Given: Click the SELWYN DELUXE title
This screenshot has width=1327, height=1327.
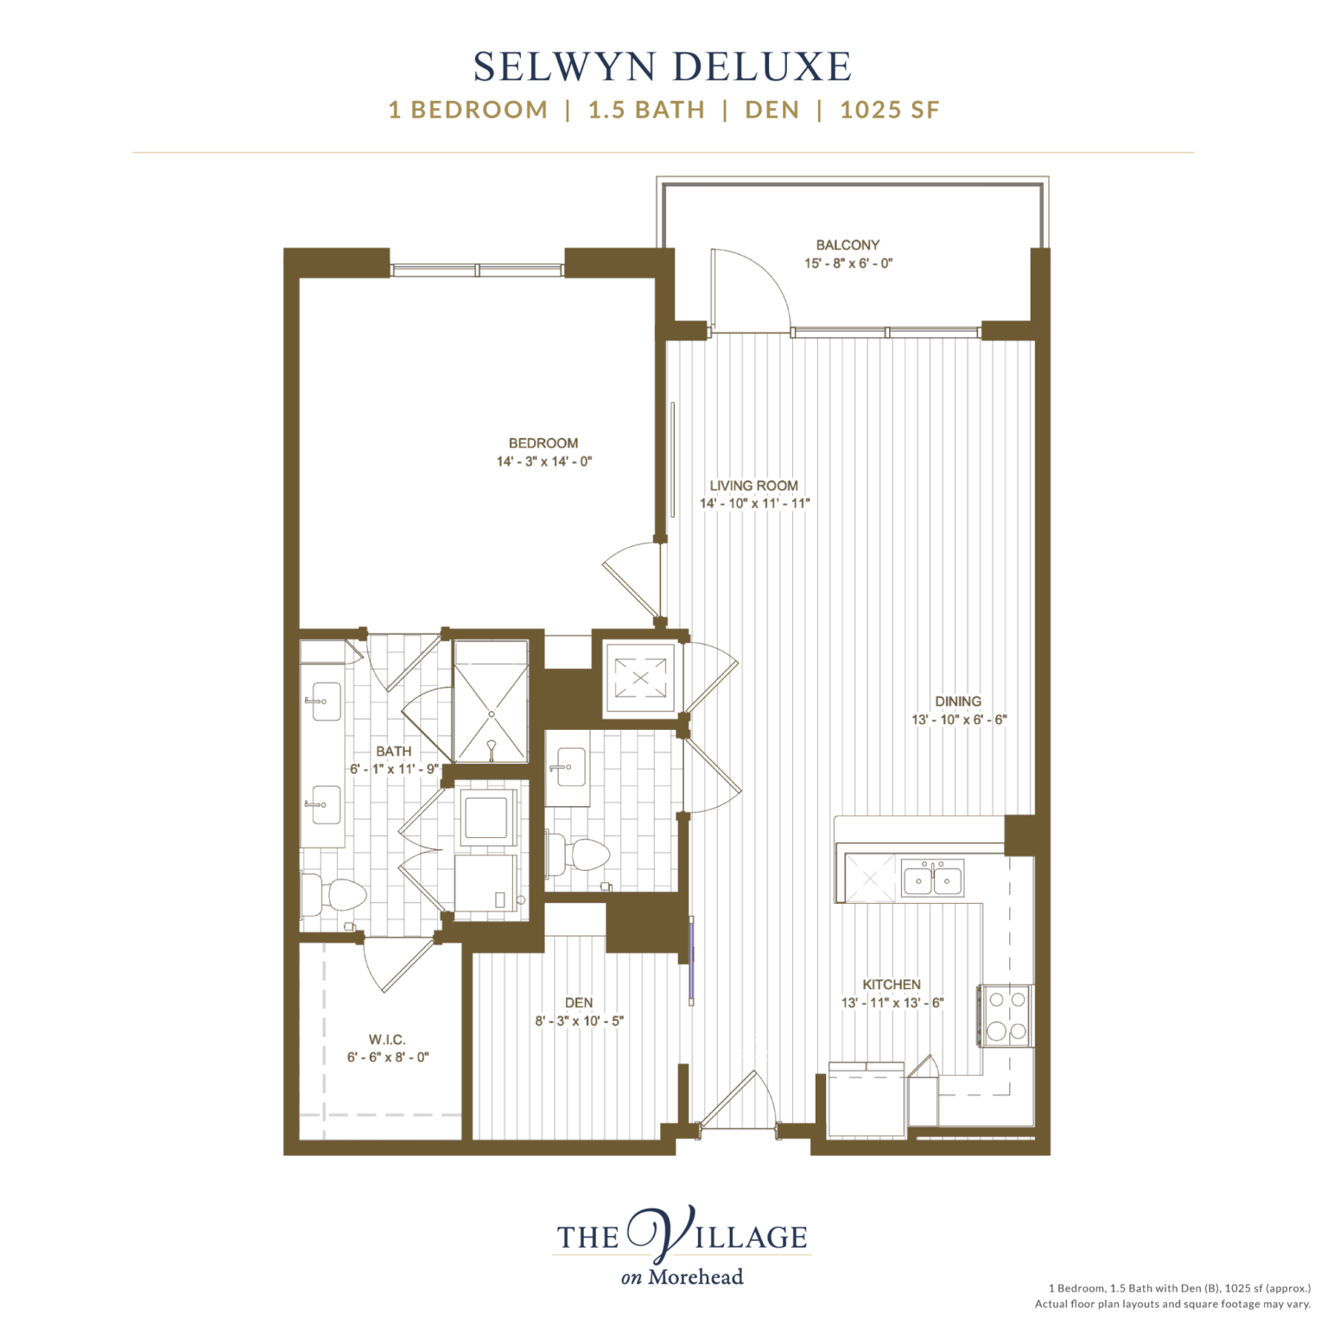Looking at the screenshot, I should coord(663,67).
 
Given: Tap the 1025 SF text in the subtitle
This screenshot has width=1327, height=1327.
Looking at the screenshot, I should coord(889,111).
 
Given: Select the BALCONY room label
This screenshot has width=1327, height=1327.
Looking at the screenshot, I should coord(848,245).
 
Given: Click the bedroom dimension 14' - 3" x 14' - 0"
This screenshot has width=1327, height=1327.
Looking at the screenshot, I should coord(543,461).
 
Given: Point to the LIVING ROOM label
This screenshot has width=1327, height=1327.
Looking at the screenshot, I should coord(753,486).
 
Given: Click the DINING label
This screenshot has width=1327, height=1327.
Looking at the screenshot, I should coord(958,702).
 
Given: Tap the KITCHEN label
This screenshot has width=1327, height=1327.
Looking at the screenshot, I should coord(891,984).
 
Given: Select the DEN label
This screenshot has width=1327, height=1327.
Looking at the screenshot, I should coord(578,1002).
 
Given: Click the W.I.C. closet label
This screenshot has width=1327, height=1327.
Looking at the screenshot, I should coord(386,1039).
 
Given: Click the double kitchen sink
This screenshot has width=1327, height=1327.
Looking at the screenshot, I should coord(932,879).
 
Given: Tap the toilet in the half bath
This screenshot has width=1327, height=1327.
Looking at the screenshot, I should coord(584,854).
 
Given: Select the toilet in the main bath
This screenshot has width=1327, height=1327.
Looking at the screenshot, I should coord(337,895).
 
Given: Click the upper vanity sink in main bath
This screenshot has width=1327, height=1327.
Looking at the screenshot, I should coord(325,702).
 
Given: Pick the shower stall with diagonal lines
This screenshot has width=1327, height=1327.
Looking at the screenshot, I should coord(491,702).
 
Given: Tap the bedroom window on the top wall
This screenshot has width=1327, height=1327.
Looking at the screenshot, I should coord(477,270).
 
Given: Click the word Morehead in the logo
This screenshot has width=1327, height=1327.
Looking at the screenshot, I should coord(695,1277).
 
